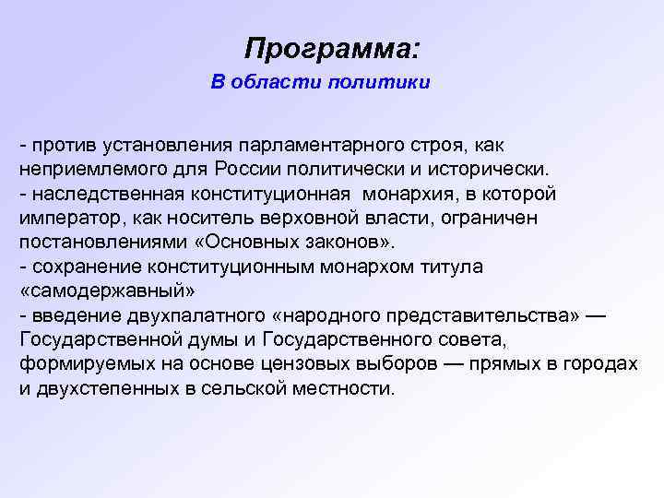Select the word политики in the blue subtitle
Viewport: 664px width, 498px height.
click(x=386, y=84)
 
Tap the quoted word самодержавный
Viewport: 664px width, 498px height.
click(x=107, y=290)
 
